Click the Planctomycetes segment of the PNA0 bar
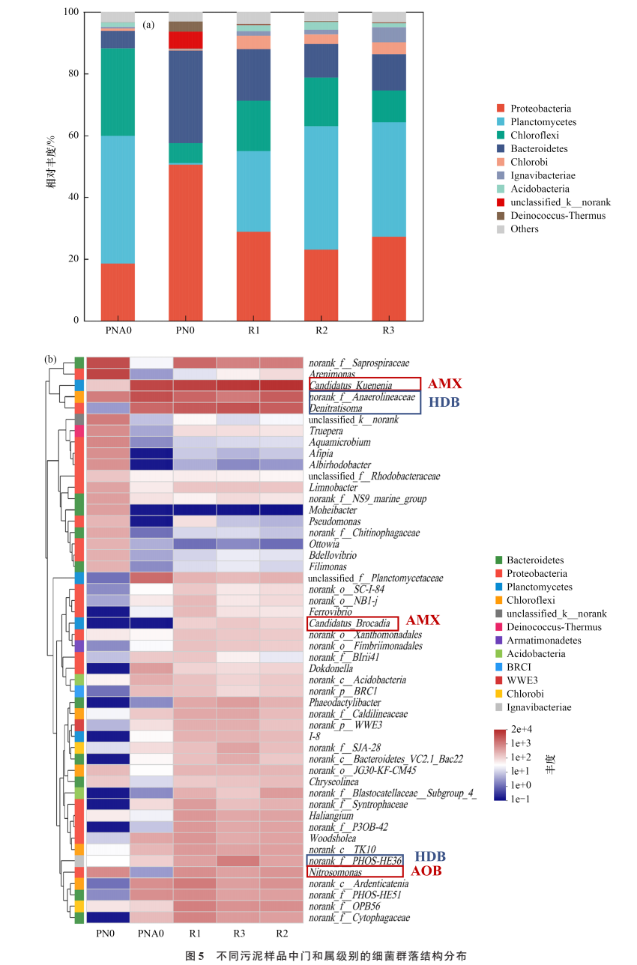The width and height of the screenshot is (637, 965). tap(118, 199)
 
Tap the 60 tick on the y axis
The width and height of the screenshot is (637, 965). tap(73, 136)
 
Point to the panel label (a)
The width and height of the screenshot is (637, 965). tap(148, 25)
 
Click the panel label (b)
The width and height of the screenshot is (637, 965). tap(51, 359)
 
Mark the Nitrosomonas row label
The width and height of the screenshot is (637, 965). tap(335, 873)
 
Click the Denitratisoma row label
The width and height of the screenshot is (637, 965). tap(336, 408)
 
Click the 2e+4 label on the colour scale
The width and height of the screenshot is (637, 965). tap(522, 729)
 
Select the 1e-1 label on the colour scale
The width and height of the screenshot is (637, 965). tap(522, 799)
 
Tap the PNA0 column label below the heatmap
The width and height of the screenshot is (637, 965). tap(151, 934)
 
